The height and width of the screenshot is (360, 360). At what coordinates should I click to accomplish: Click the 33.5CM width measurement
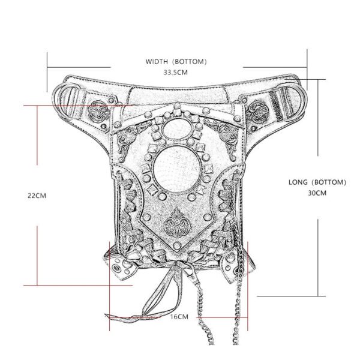(176, 73)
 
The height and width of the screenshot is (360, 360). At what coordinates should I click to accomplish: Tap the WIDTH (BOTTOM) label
(176, 61)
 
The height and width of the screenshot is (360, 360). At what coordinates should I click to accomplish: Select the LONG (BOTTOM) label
(317, 182)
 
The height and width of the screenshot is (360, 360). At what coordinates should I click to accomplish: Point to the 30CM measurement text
(316, 193)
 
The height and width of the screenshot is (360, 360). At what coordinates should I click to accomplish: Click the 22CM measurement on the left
(37, 195)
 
